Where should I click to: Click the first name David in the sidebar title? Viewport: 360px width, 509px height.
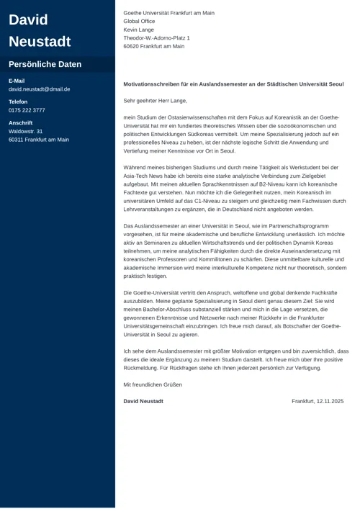tap(28, 19)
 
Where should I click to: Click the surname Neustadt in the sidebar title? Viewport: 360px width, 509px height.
tap(40, 41)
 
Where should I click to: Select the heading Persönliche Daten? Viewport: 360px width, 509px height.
tap(45, 64)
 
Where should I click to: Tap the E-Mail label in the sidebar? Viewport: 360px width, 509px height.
tap(17, 81)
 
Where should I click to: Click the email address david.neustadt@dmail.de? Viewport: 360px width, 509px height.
tap(39, 89)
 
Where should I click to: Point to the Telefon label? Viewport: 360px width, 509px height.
tap(19, 102)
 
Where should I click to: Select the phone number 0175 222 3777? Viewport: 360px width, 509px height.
tap(27, 110)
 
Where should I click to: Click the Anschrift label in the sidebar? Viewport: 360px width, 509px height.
tap(20, 123)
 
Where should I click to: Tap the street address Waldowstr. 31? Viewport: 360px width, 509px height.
tap(26, 132)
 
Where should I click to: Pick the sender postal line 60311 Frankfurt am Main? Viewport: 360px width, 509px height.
tap(39, 140)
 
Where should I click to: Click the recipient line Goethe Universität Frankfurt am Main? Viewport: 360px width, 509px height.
tap(168, 13)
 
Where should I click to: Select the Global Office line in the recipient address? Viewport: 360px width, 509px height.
tap(139, 22)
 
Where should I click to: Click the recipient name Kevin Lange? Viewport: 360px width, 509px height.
tap(139, 30)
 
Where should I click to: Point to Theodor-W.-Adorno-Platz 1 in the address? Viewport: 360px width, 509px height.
tap(156, 38)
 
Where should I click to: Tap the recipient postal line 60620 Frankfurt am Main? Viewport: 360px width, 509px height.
tap(154, 46)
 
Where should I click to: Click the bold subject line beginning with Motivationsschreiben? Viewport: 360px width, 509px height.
tap(233, 84)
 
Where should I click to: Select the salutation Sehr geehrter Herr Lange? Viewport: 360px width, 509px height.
tap(155, 101)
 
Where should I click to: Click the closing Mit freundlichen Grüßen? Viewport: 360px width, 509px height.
tap(153, 384)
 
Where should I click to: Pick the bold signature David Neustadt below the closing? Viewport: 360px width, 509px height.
tap(143, 401)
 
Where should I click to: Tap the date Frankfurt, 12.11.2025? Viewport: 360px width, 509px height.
tap(318, 401)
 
